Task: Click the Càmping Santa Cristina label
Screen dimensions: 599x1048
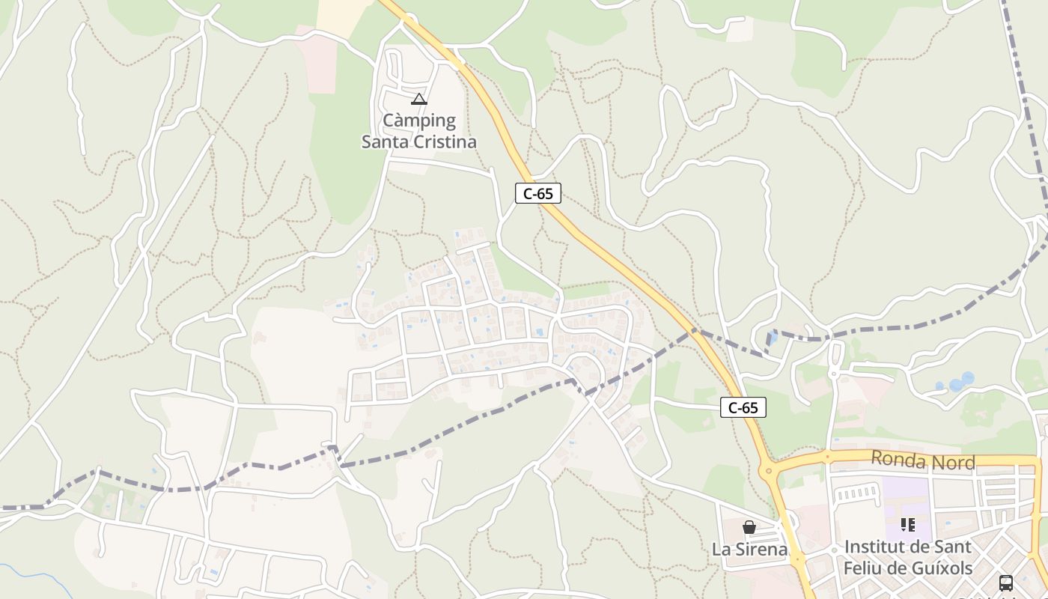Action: pyautogui.click(x=419, y=131)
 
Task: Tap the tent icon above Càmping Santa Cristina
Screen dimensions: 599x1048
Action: pyautogui.click(x=419, y=99)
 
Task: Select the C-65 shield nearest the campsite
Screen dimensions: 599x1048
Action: pyautogui.click(x=538, y=193)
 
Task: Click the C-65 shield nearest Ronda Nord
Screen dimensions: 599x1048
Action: pyautogui.click(x=743, y=407)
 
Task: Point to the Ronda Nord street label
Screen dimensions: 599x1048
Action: pyautogui.click(x=923, y=461)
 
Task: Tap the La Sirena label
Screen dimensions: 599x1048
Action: pyautogui.click(x=749, y=549)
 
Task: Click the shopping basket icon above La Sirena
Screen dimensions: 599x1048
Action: pyautogui.click(x=749, y=527)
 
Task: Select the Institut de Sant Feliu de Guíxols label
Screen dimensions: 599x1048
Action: pyautogui.click(x=908, y=557)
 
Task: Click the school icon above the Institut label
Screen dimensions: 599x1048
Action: pyautogui.click(x=908, y=524)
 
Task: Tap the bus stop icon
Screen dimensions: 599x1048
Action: pyautogui.click(x=1006, y=583)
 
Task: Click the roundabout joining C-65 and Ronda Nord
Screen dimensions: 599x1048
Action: pyautogui.click(x=768, y=471)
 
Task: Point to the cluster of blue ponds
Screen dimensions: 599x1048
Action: pyautogui.click(x=954, y=383)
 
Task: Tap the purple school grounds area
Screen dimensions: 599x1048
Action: pyautogui.click(x=906, y=502)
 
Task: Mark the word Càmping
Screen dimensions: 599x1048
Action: pyautogui.click(x=419, y=120)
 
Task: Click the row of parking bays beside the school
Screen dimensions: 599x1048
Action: pyautogui.click(x=856, y=493)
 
